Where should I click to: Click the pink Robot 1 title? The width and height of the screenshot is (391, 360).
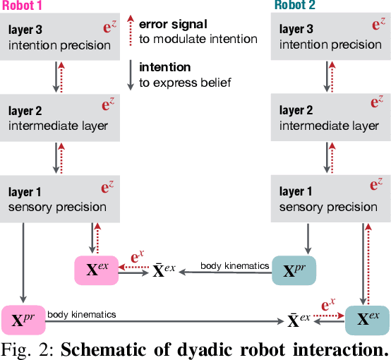point(23,6)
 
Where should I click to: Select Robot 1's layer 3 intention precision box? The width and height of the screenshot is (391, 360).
point(59,38)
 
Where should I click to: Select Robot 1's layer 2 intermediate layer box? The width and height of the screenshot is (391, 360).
point(59,118)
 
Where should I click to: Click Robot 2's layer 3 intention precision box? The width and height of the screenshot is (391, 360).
point(330,38)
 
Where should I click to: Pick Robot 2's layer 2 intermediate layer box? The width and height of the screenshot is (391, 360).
point(330,118)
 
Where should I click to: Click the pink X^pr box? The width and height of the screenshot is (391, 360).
point(24,320)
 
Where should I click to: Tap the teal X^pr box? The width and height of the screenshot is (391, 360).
point(294,270)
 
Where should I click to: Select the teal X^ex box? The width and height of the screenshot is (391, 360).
point(367,319)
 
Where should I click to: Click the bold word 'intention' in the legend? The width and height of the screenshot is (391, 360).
point(164,68)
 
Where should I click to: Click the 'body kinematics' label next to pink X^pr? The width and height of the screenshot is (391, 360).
point(82,313)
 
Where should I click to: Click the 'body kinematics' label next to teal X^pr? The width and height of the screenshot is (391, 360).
point(234,265)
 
